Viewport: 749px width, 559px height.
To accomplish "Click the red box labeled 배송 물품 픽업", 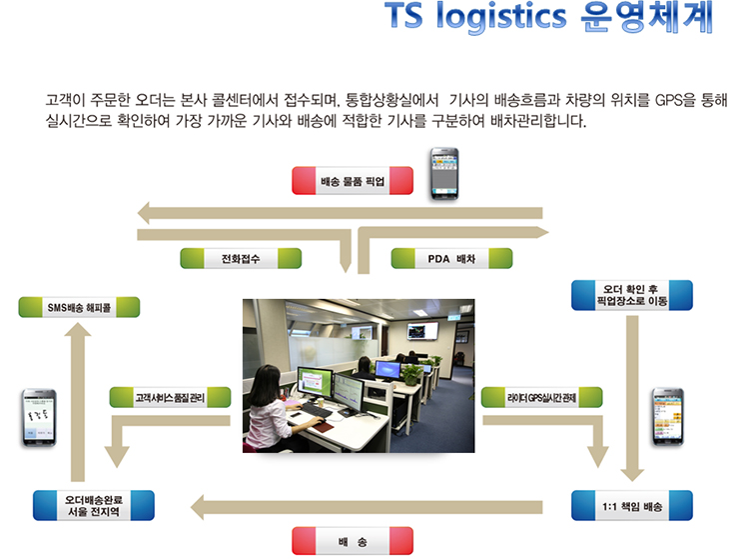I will point(353,181).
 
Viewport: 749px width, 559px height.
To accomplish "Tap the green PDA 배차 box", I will point(451,258).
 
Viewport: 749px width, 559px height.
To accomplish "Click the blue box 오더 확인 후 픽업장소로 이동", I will point(631,295).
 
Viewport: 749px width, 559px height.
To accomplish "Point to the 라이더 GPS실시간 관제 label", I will point(542,397).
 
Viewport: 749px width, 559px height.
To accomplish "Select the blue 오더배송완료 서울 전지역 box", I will point(93,505).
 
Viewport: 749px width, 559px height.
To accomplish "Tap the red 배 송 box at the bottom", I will point(353,541).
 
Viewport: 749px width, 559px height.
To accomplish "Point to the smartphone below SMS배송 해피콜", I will point(36,419).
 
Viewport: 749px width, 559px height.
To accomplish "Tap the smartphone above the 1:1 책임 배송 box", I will point(665,417).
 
